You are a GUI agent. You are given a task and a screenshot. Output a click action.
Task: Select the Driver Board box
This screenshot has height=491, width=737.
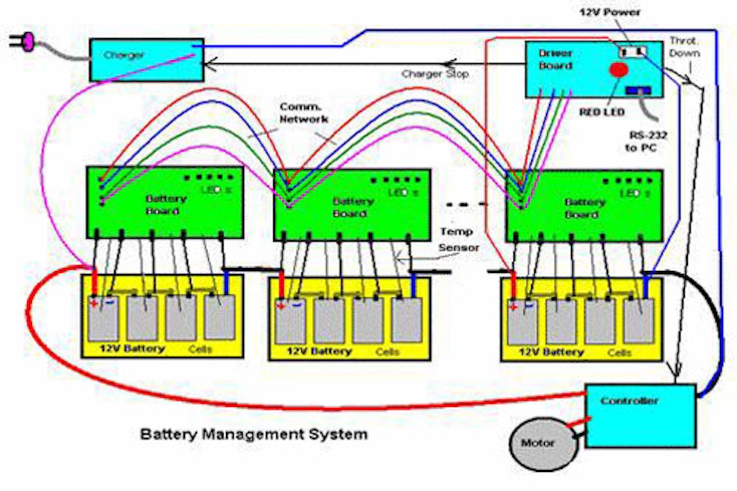[593, 69]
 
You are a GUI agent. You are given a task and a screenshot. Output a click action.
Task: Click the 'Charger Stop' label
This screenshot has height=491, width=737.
[435, 74]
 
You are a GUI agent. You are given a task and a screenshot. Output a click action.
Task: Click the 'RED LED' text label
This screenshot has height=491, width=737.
[601, 112]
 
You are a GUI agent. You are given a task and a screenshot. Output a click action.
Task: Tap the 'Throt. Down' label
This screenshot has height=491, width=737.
[684, 46]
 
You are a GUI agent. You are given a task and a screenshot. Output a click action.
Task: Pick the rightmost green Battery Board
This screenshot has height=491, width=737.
[583, 205]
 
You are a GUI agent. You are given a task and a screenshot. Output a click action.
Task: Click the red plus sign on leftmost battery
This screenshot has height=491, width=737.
[93, 302]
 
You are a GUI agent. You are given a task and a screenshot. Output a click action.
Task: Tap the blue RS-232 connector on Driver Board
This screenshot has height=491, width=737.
[636, 91]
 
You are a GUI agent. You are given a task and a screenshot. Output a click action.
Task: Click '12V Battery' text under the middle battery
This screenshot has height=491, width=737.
[311, 352]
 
